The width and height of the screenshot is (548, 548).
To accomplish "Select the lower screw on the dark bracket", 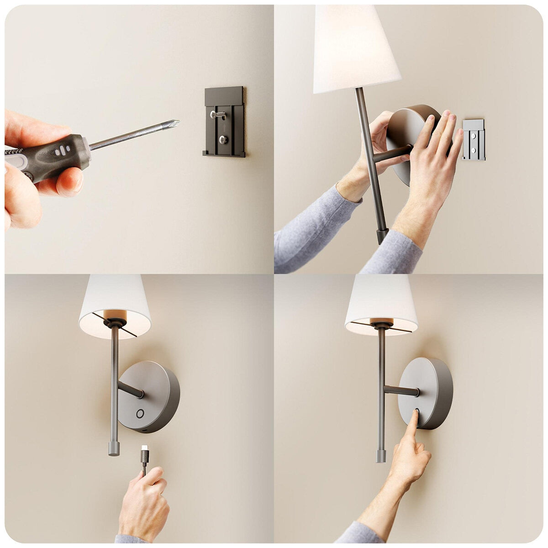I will [223, 140].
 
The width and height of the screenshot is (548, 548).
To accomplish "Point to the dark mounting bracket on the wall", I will [224, 122].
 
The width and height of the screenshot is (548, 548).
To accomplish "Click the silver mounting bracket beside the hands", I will [474, 140].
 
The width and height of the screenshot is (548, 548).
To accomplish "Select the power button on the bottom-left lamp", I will [140, 414].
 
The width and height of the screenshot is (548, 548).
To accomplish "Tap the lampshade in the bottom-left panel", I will [115, 301].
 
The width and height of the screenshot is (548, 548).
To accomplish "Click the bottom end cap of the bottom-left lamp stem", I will [114, 448].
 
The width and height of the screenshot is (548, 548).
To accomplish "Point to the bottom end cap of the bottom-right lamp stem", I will [381, 455].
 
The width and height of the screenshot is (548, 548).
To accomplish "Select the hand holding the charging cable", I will [144, 498].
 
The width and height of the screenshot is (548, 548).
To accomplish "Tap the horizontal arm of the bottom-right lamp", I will [401, 390].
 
